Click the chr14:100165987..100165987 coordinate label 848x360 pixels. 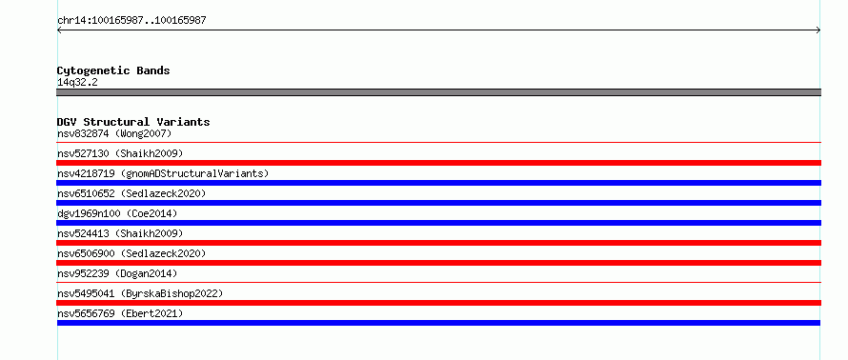tap(131, 21)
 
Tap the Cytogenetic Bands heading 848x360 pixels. tap(113, 70)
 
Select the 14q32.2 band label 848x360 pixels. tap(77, 83)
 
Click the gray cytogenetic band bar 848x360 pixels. tap(438, 92)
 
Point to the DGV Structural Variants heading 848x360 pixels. tap(133, 122)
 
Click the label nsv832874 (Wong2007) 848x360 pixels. tap(114, 133)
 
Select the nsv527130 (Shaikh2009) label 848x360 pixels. tap(120, 153)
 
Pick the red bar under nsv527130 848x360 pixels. tap(438, 163)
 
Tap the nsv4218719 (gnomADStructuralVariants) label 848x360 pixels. tap(163, 173)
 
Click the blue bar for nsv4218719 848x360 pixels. tap(438, 183)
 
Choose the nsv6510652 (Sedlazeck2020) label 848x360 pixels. tap(131, 193)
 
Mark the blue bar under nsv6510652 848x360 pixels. tap(438, 203)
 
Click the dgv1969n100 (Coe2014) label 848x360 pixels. tap(117, 213)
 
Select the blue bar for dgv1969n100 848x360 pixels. tap(438, 223)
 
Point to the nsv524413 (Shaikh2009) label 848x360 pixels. tap(120, 233)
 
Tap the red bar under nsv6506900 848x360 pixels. tap(438, 263)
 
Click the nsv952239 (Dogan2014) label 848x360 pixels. tap(117, 273)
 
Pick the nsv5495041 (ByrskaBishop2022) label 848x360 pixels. tap(140, 293)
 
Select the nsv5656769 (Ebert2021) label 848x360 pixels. tap(120, 313)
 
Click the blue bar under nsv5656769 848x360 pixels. tap(438, 323)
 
